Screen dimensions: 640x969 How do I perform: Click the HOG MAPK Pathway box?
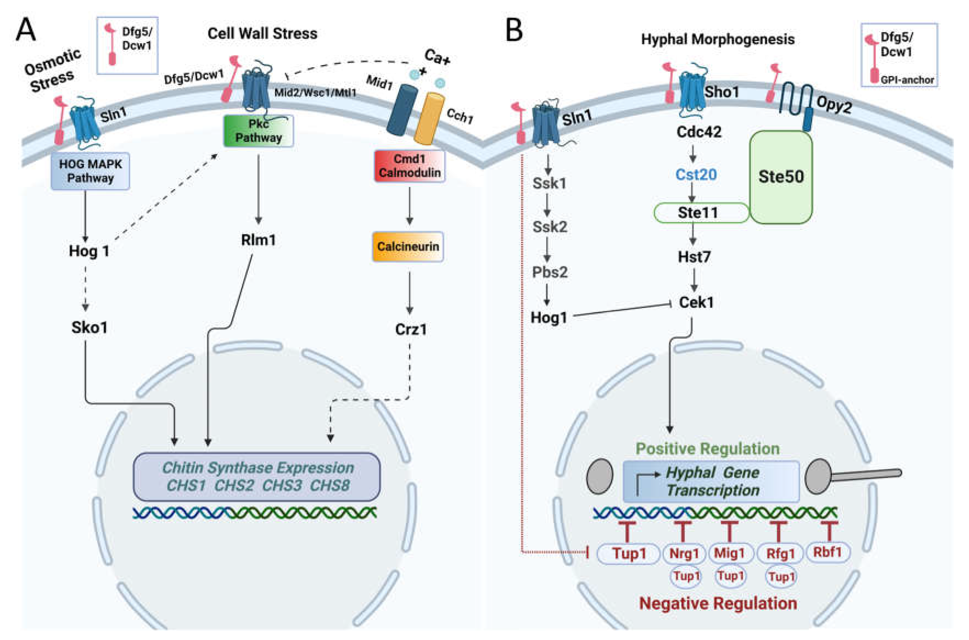[x=90, y=171]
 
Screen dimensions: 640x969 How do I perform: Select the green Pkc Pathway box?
[x=258, y=131]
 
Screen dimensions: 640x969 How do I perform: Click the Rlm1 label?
[x=258, y=240]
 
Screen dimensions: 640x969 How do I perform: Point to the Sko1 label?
[x=89, y=327]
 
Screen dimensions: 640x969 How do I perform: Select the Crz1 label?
[x=411, y=329]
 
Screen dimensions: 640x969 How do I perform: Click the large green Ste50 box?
[x=781, y=177]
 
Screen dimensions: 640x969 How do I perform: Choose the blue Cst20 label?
[x=696, y=175]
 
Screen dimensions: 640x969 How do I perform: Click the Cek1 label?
[x=696, y=302]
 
